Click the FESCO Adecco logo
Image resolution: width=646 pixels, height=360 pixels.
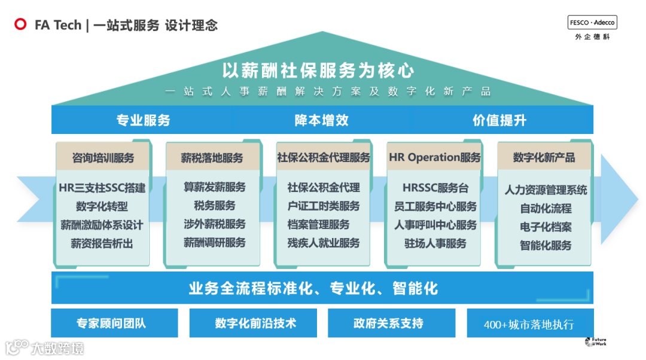pyautogui.click(x=592, y=23)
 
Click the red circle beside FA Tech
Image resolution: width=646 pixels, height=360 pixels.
pyautogui.click(x=21, y=25)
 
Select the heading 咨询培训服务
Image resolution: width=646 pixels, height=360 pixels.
pyautogui.click(x=103, y=158)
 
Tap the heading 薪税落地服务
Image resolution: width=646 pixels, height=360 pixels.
pyautogui.click(x=212, y=158)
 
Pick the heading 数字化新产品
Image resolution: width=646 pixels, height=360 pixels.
pyautogui.click(x=544, y=157)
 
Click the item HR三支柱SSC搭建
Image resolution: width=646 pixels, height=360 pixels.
pyautogui.click(x=102, y=188)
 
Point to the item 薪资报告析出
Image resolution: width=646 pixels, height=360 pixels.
pyautogui.click(x=102, y=243)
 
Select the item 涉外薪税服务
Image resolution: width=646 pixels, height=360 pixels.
pyautogui.click(x=214, y=224)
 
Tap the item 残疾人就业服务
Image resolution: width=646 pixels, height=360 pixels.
pyautogui.click(x=324, y=243)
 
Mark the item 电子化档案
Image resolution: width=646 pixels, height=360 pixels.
pyautogui.click(x=546, y=227)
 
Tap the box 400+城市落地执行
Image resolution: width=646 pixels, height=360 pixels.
pyautogui.click(x=529, y=324)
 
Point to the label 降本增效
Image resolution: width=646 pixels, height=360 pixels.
pyautogui.click(x=322, y=120)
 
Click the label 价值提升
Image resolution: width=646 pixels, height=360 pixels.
pyautogui.click(x=499, y=120)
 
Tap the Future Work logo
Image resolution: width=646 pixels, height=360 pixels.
pyautogui.click(x=596, y=342)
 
